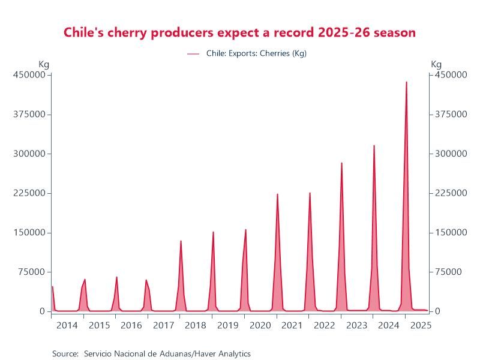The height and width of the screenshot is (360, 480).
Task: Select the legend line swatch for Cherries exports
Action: coord(193,53)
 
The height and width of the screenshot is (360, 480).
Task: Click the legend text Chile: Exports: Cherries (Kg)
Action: coord(256,53)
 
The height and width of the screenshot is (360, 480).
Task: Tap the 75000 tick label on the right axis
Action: coord(447,272)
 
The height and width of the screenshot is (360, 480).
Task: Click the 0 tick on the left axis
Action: coord(42,311)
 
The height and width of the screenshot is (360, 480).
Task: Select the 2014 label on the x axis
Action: coord(67,326)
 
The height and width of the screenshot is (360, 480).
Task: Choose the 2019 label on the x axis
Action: coord(227,326)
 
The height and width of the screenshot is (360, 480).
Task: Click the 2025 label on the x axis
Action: coord(419,326)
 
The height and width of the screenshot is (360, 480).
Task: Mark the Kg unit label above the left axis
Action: coord(44,64)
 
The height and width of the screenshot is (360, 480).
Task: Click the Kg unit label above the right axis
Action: coord(436,64)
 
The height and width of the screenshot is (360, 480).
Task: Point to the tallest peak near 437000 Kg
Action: coord(406,82)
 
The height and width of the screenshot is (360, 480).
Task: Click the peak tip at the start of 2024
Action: coord(374,145)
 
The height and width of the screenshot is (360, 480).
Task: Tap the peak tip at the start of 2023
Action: coord(342,163)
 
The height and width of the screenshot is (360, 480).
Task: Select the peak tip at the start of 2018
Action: coord(181,241)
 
